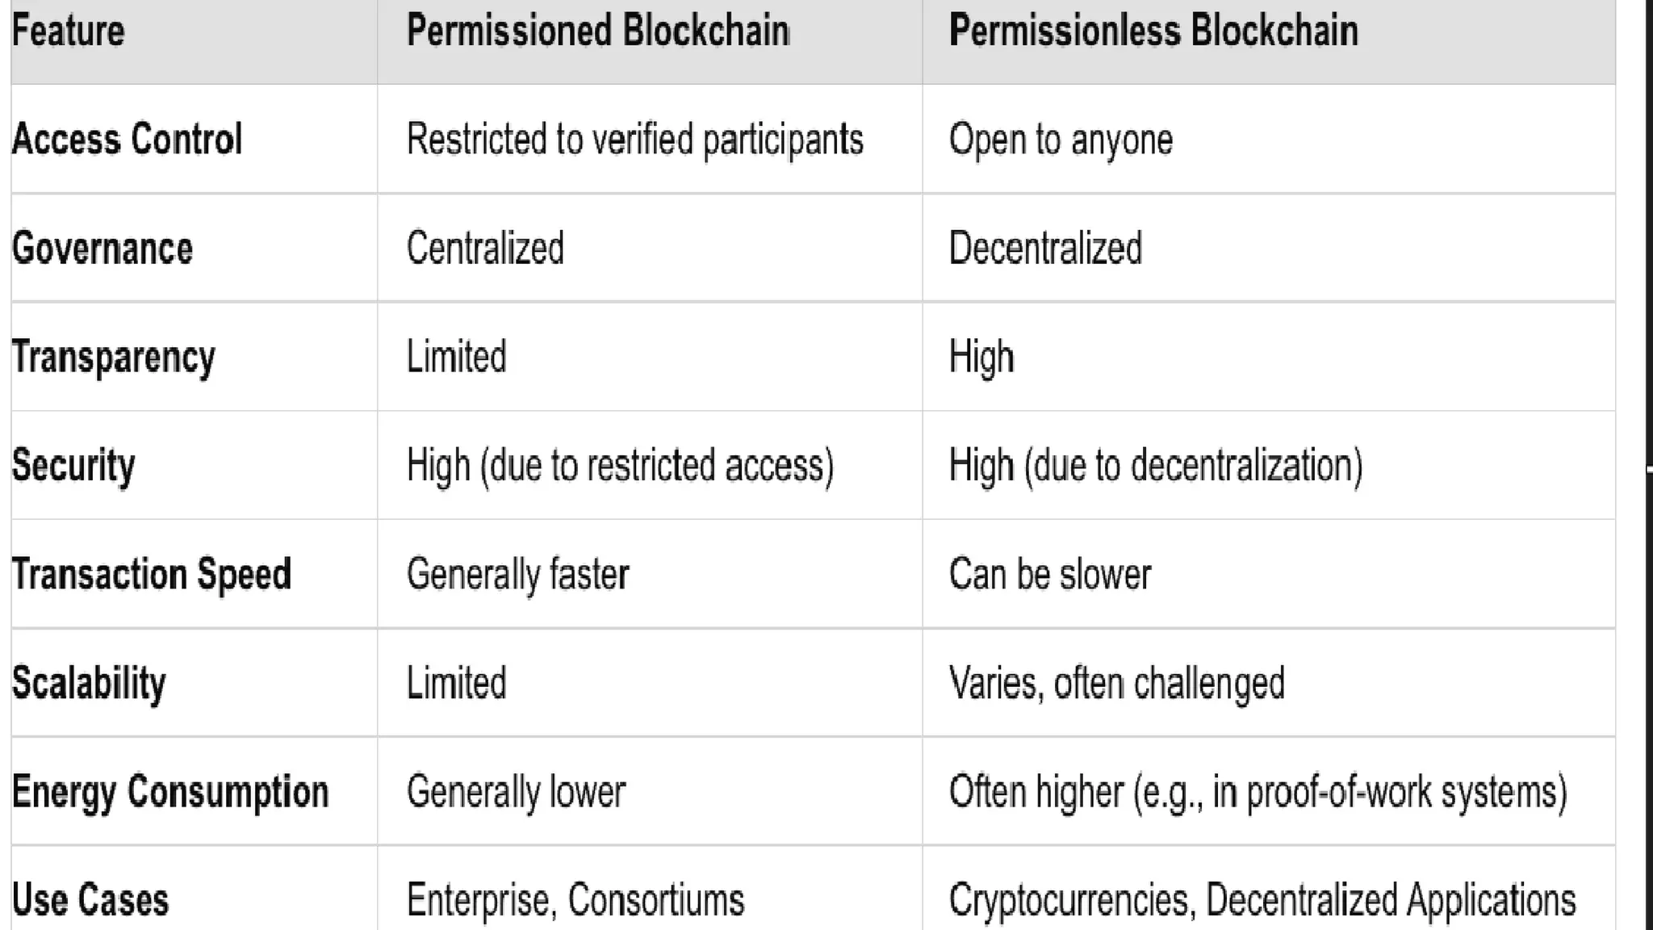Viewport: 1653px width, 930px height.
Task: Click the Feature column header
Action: pos(69,31)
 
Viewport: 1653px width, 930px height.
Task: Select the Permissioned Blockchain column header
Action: pos(598,31)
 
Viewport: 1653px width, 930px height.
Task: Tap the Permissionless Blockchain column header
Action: pos(1153,31)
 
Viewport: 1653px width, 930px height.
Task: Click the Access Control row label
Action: pos(128,139)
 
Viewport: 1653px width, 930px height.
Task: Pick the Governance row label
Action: pos(103,248)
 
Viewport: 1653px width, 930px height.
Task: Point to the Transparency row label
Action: pos(114,358)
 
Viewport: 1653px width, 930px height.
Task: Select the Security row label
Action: pos(73,466)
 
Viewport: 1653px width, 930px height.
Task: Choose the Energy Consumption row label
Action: pos(170,792)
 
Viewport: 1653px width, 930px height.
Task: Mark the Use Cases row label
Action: pos(90,900)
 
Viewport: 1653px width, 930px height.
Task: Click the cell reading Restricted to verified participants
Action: pos(635,140)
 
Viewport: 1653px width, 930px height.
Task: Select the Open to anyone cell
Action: pos(1061,140)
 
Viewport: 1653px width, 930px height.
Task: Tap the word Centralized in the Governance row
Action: pos(485,248)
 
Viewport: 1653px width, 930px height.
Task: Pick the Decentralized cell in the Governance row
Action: pos(1045,248)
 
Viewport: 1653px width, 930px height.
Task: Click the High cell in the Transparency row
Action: pos(981,358)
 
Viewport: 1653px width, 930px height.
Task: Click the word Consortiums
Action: pos(655,900)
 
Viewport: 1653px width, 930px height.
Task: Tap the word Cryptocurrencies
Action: pos(1070,900)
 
